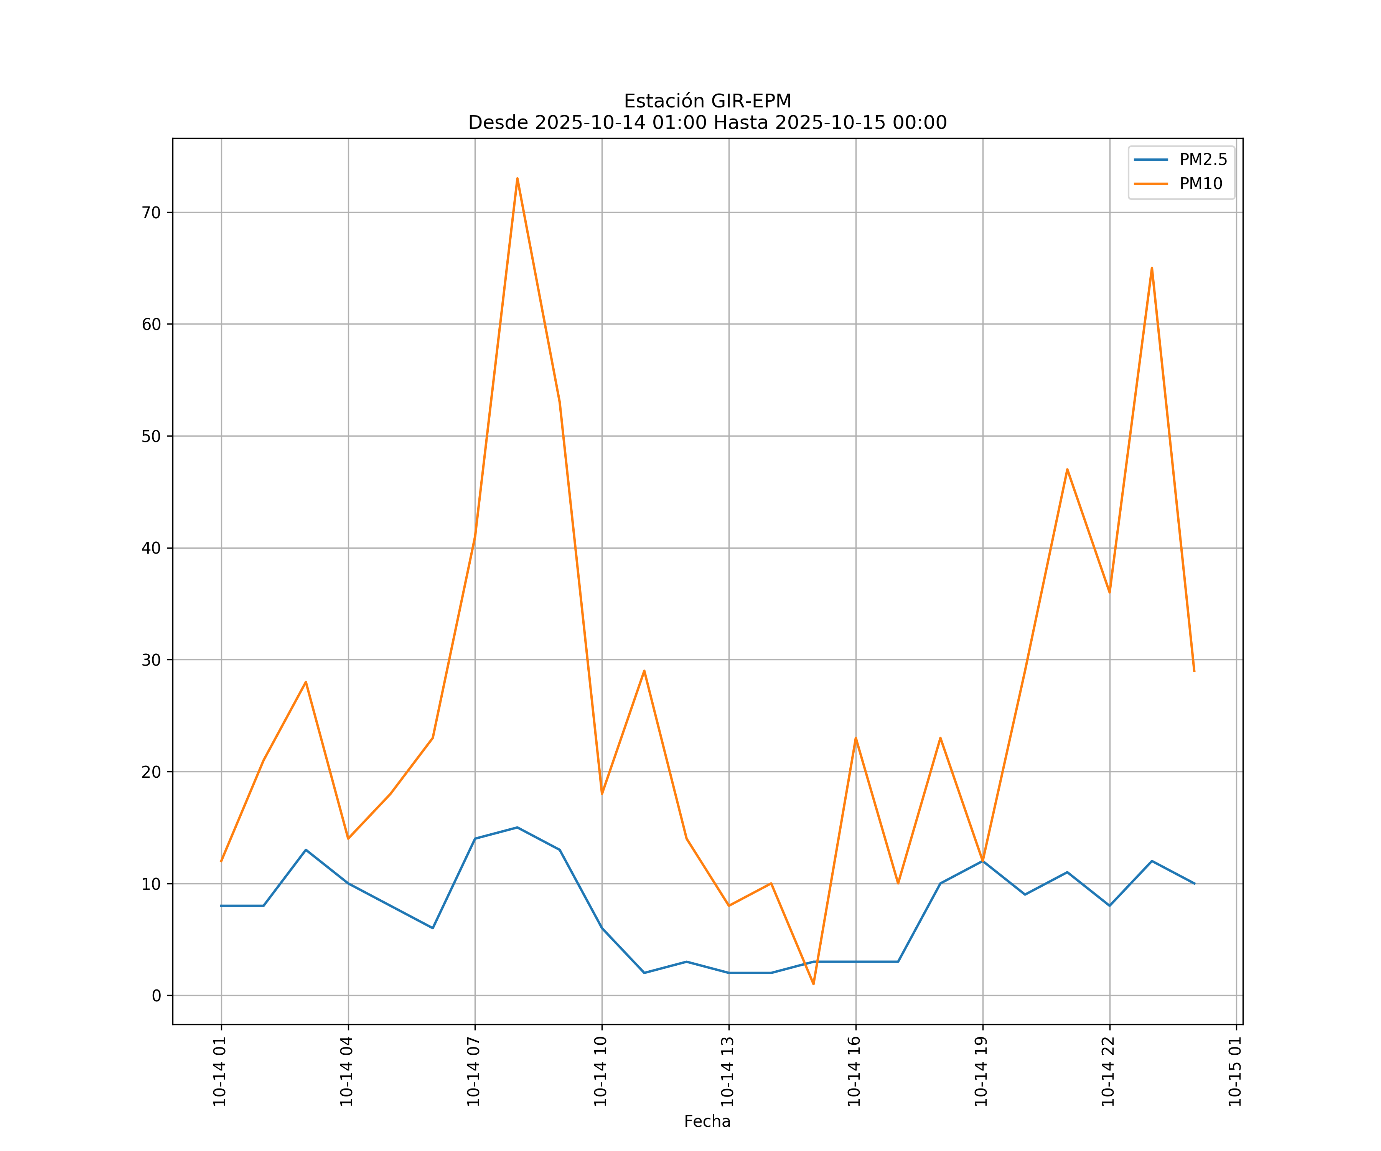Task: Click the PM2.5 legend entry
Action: coord(1203,160)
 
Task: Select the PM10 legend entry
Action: coord(1201,184)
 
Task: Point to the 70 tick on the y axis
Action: coord(151,213)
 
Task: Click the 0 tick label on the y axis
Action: coord(157,996)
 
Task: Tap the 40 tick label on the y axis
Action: coord(151,548)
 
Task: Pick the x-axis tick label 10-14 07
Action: coord(473,1072)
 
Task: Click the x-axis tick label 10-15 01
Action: coord(1235,1072)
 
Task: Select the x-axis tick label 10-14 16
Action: coord(854,1072)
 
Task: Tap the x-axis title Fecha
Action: coord(707,1121)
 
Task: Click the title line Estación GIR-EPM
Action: coord(707,101)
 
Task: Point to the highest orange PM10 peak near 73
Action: coord(517,178)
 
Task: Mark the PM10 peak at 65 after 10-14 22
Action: coord(1152,268)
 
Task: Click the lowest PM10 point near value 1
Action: coord(814,984)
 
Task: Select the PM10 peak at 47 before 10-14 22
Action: coord(1067,469)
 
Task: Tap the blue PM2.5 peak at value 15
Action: coord(517,828)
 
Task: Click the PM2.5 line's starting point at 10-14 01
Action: coord(222,906)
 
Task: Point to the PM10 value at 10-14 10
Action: coord(602,794)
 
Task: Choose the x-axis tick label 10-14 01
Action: coord(220,1072)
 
